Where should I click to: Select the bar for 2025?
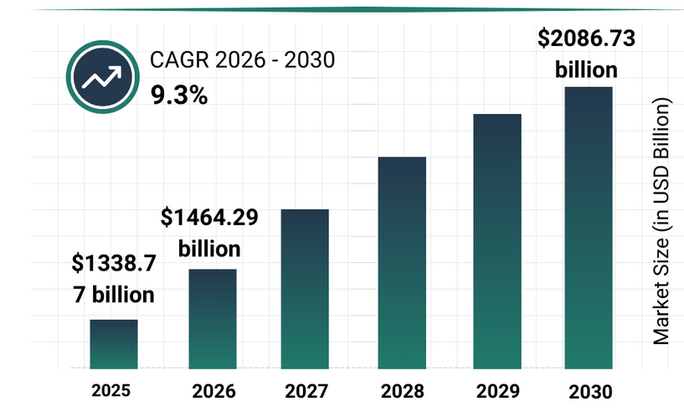tap(114, 343)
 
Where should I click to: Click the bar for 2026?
tap(213, 318)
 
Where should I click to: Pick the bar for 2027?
tap(305, 288)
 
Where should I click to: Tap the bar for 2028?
tap(402, 262)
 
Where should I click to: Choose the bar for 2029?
tap(497, 240)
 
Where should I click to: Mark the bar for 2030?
tap(589, 227)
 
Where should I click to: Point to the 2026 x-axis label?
tap(213, 391)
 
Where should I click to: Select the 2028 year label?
tap(403, 391)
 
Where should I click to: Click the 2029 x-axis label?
tap(497, 391)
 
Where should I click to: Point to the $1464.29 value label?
tap(209, 219)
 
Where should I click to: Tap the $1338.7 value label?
tap(115, 265)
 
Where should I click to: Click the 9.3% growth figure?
tap(178, 95)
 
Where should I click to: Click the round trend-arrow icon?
tap(100, 77)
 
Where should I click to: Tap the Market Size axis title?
tap(662, 222)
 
